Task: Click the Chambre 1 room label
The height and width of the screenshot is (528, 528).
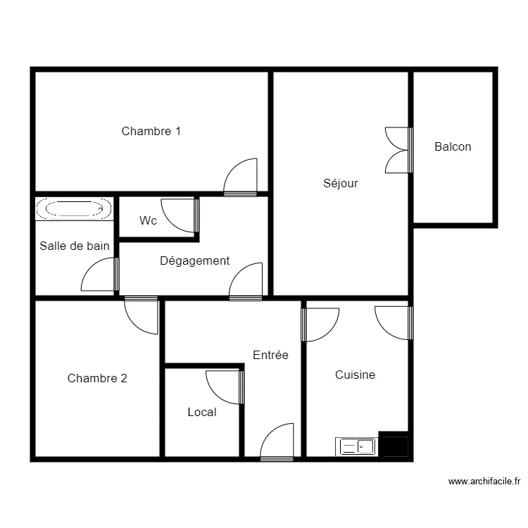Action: pos(151,131)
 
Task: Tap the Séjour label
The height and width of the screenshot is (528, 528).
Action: pos(341,184)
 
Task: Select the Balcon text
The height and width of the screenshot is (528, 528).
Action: pos(453,147)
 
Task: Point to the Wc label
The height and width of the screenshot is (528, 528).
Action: pos(148,220)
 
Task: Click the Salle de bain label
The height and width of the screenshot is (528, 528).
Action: pos(75,246)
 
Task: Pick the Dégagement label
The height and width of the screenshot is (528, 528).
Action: pos(194,261)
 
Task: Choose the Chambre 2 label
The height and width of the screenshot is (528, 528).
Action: pos(97,378)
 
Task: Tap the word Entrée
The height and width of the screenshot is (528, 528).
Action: pos(271,356)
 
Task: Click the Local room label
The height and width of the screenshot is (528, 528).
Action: pos(202,412)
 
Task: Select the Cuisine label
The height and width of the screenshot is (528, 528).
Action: pos(355,375)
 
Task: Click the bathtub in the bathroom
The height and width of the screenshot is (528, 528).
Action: pos(73,208)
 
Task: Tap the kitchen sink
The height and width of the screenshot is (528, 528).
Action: pos(358,446)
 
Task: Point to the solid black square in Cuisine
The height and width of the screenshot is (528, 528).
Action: pos(394,446)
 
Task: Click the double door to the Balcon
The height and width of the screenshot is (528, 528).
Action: pos(398,149)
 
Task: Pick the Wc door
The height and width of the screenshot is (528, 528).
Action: pos(180,215)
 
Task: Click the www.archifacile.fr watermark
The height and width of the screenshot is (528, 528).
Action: pos(484,482)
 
